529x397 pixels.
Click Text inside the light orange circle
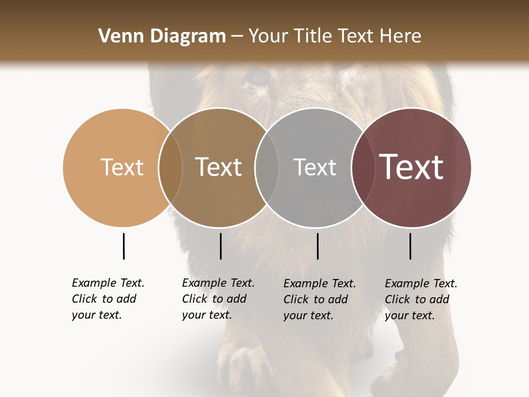[122, 167]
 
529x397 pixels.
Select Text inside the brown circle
[219, 167]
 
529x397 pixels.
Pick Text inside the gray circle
[315, 167]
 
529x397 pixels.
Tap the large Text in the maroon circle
[411, 167]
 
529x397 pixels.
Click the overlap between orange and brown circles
[170, 167]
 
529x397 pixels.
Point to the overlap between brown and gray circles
[267, 167]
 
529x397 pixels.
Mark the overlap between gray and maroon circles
[363, 167]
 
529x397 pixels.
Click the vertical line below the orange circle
[123, 246]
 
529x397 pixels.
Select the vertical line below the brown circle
[220, 246]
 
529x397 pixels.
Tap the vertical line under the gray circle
[317, 246]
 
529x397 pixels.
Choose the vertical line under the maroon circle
[410, 246]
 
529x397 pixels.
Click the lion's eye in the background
[257, 78]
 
